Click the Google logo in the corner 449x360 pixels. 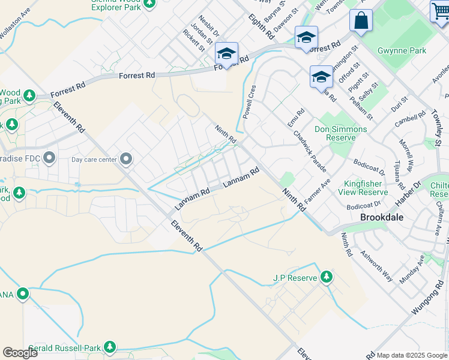click(19, 353)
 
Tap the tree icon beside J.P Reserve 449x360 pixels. click(326, 277)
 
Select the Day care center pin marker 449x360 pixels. click(126, 159)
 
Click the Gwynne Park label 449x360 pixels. click(402, 51)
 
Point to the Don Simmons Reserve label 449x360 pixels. click(341, 133)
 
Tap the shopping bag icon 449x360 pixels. click(362, 20)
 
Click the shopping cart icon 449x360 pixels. click(440, 12)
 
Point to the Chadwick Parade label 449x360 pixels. click(310, 146)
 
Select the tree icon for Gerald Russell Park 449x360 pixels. click(109, 347)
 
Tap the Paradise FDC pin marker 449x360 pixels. click(49, 159)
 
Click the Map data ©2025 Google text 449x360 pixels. click(412, 355)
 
